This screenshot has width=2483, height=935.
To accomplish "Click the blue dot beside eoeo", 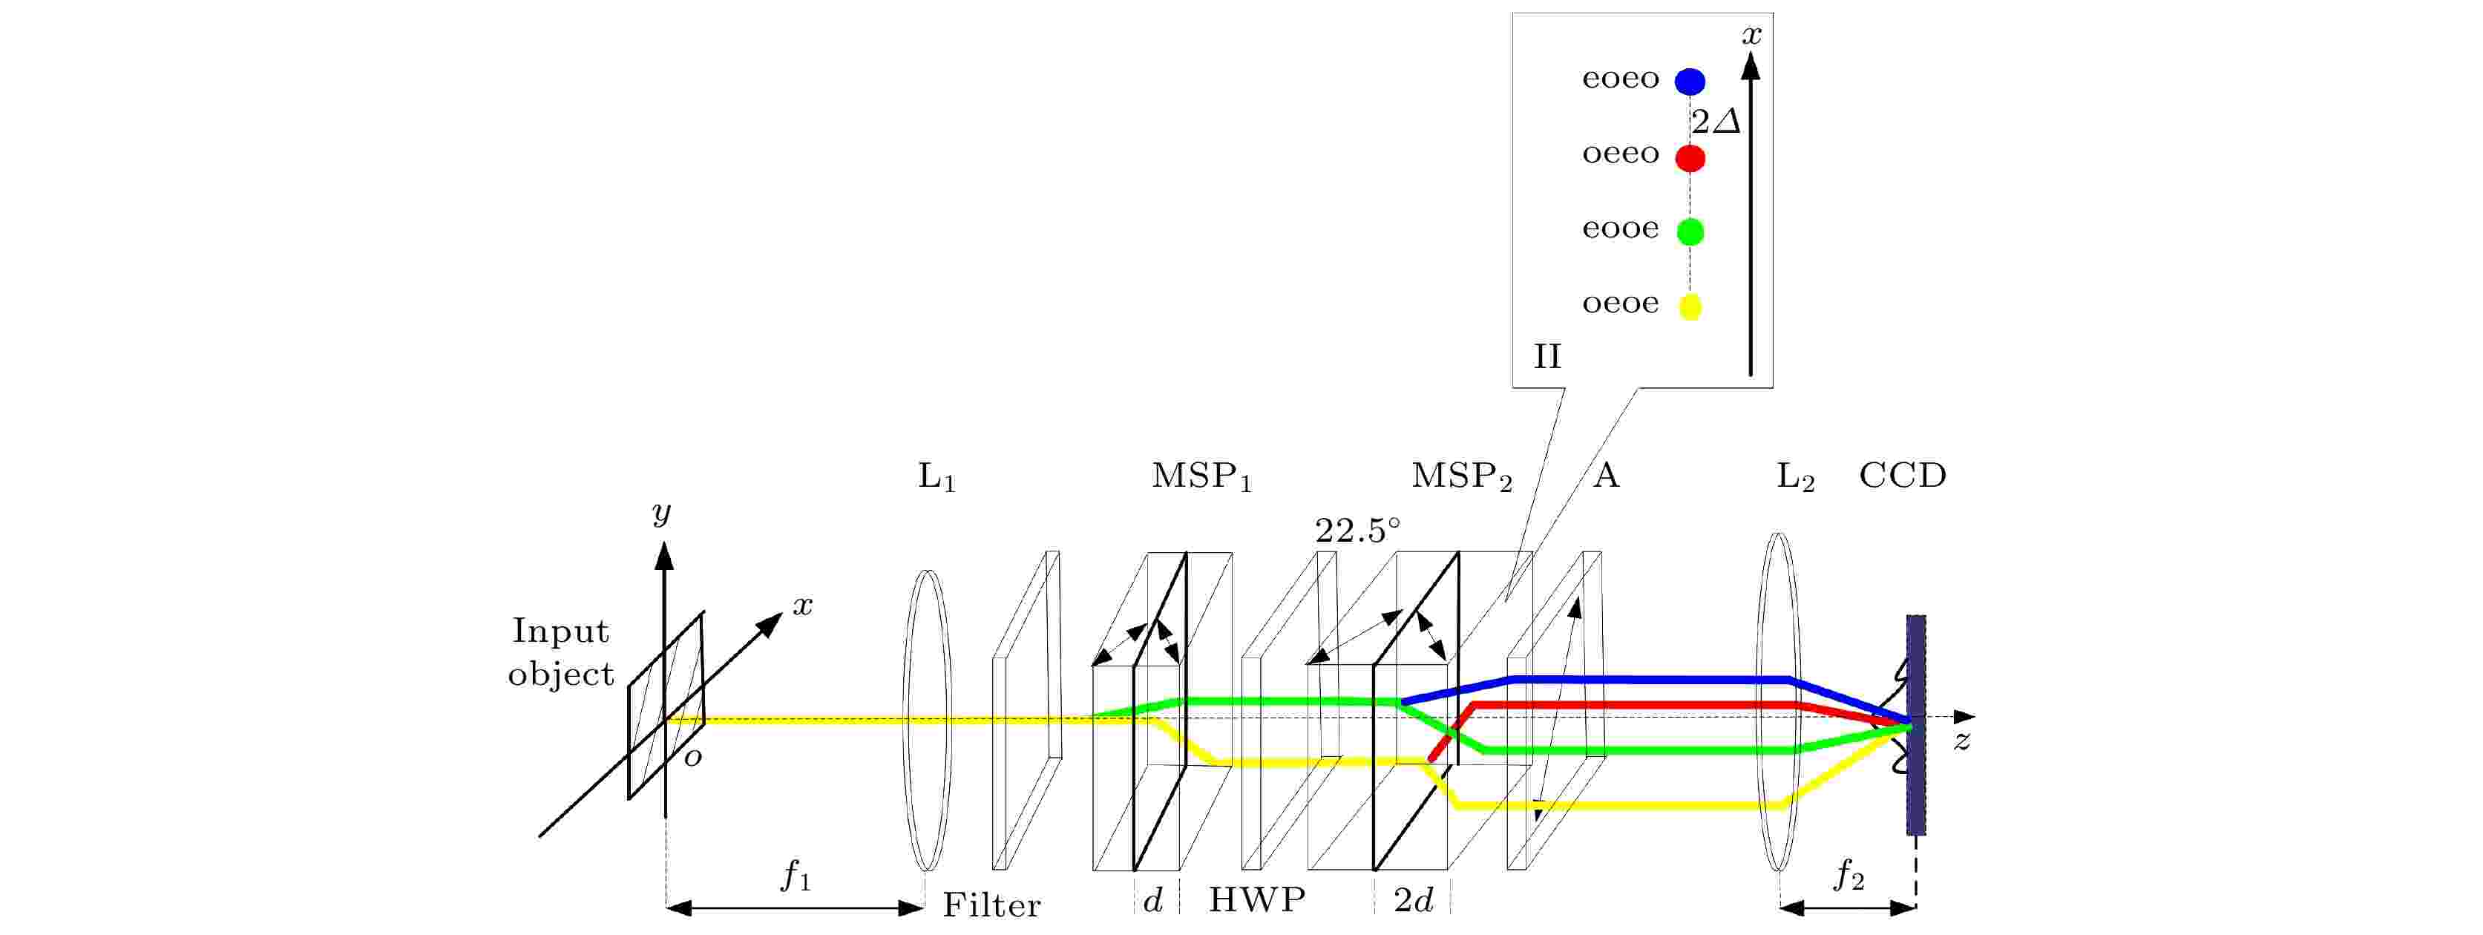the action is tap(1690, 82).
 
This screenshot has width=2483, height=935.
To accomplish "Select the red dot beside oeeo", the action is tap(1690, 157).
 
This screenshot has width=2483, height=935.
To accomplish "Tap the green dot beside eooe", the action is tap(1690, 232).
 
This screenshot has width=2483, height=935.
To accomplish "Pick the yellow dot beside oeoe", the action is tap(1690, 306).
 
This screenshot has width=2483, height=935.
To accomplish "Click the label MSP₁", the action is tap(1201, 476).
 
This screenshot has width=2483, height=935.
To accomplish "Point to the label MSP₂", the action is tap(1461, 476).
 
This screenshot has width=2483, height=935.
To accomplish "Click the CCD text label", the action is tap(1902, 475).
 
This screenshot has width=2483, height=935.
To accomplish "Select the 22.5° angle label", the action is tap(1357, 530).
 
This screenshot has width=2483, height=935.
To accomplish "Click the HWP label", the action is tap(1257, 899).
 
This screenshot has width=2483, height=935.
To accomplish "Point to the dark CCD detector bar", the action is tap(1916, 725).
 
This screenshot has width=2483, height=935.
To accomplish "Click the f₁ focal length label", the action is tap(796, 876).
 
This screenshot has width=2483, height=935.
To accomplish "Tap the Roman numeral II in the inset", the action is tap(1547, 357).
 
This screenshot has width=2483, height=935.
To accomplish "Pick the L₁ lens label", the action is tap(936, 476).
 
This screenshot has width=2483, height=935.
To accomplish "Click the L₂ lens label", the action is tap(1795, 476).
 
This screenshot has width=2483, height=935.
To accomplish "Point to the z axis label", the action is tap(1961, 741).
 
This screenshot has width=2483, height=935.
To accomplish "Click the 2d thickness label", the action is tap(1413, 899).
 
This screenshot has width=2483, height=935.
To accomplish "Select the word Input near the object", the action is tap(560, 631).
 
